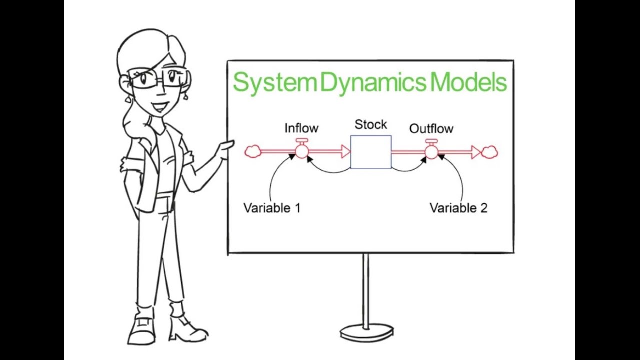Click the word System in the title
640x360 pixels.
click(274, 83)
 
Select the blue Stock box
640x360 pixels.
click(371, 152)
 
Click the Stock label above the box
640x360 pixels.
click(371, 124)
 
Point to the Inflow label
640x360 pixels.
click(301, 128)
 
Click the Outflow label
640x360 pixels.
click(431, 129)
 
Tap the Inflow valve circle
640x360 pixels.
click(302, 151)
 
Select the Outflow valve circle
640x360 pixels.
click(431, 151)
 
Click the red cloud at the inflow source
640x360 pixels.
click(253, 151)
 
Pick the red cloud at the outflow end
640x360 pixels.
click(490, 152)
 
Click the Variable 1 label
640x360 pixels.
click(272, 208)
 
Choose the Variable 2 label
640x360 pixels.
click(458, 208)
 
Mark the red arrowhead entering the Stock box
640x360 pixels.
click(345, 151)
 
